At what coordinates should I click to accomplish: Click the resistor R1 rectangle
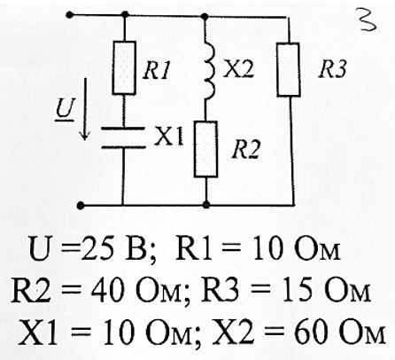click(124, 68)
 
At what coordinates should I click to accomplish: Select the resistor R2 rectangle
click(206, 149)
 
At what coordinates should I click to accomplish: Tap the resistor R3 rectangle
click(289, 70)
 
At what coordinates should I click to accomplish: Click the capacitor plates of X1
click(123, 137)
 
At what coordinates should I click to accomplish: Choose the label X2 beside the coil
click(238, 70)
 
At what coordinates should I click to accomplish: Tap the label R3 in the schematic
click(332, 70)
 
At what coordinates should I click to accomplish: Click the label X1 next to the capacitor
click(169, 137)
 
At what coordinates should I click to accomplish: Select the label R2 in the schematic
click(246, 150)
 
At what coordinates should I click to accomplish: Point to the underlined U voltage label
click(65, 109)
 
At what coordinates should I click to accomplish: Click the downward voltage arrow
click(85, 109)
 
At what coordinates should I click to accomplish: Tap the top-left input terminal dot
click(70, 14)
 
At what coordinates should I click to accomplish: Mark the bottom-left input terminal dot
click(80, 205)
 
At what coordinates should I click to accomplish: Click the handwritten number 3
click(367, 20)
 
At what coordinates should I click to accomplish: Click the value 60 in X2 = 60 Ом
click(311, 334)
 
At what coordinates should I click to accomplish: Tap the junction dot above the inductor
click(205, 16)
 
